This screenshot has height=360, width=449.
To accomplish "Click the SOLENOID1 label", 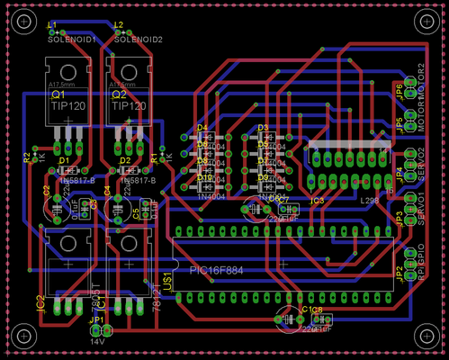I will pyautogui.click(x=73, y=40).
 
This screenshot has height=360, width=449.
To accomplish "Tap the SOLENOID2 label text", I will pyautogui.click(x=139, y=40).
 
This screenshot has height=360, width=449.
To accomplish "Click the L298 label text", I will pyautogui.click(x=369, y=201).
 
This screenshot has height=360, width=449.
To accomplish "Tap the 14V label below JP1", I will pyautogui.click(x=97, y=341).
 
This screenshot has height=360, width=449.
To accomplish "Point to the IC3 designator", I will pyautogui.click(x=317, y=202).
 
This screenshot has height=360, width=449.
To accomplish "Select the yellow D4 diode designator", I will pyautogui.click(x=202, y=128).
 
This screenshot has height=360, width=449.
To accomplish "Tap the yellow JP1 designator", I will pyautogui.click(x=96, y=319).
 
